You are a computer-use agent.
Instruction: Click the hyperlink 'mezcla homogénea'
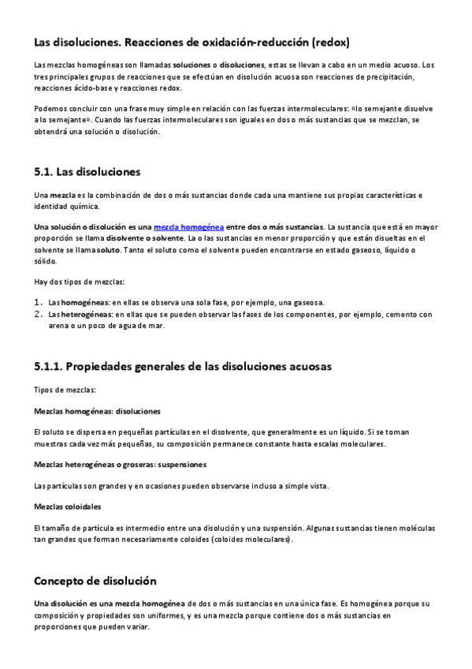click(x=188, y=227)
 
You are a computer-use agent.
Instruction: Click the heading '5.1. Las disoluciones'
click(x=87, y=171)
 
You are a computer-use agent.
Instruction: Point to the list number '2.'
click(x=39, y=314)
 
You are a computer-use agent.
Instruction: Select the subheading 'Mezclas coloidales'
click(x=68, y=506)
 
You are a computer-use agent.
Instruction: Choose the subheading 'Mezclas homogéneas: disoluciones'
click(x=98, y=412)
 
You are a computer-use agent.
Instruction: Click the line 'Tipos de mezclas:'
click(x=65, y=391)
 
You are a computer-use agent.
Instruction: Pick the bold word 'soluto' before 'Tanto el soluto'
click(x=108, y=250)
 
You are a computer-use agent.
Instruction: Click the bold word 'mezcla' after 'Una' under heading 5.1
click(x=62, y=195)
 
